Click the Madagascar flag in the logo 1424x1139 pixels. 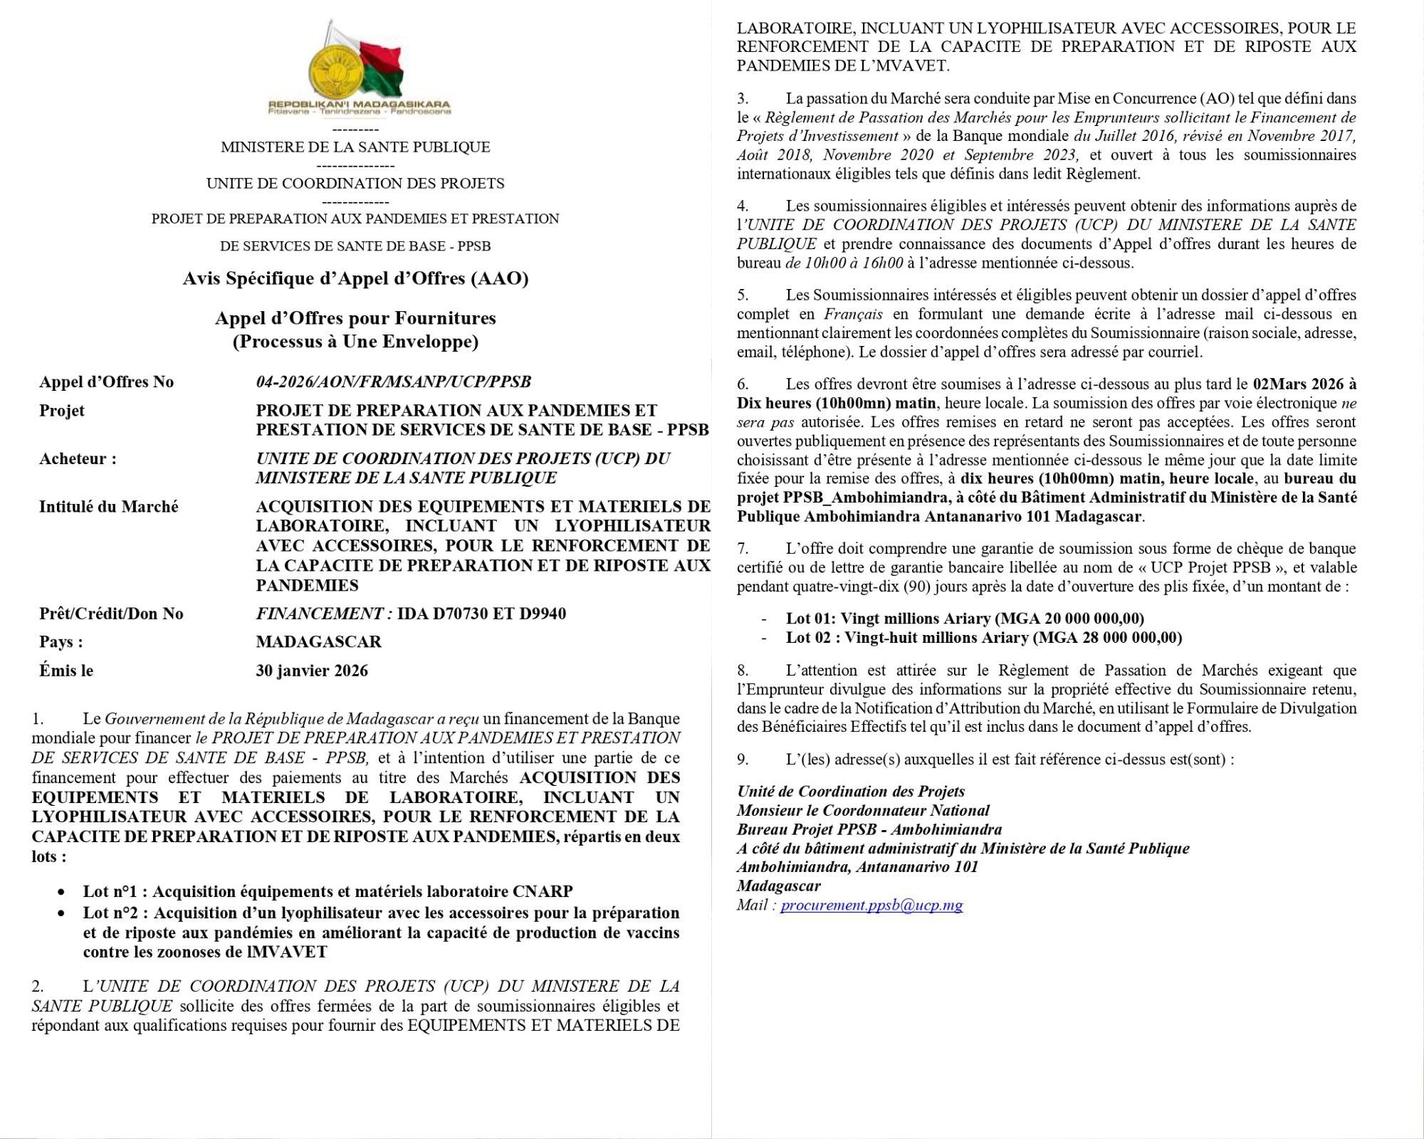[382, 68]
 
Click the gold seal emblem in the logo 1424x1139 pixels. [335, 71]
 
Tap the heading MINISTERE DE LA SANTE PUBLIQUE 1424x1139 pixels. [355, 147]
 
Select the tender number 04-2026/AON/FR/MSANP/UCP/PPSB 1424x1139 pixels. [393, 382]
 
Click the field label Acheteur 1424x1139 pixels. [78, 459]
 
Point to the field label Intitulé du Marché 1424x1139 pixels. [108, 507]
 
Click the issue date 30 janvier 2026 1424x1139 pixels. [312, 671]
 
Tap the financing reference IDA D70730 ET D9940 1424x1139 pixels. [481, 614]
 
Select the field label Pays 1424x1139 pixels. [61, 642]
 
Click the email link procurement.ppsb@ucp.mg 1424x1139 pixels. [871, 906]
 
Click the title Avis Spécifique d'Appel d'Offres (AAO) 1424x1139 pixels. [355, 278]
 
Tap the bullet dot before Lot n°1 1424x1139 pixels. [63, 892]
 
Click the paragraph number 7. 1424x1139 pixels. [743, 549]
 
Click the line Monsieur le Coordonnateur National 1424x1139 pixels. [863, 811]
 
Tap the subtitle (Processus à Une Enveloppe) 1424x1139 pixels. [355, 342]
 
